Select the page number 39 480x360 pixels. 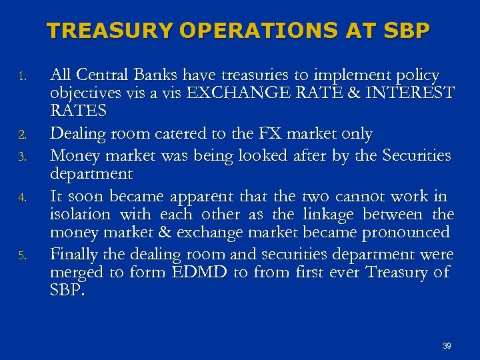(x=447, y=346)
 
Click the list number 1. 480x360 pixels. (x=22, y=75)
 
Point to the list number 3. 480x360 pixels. (x=22, y=157)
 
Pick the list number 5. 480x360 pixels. (x=22, y=255)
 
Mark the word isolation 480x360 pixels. (x=80, y=215)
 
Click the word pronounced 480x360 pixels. (x=406, y=233)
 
